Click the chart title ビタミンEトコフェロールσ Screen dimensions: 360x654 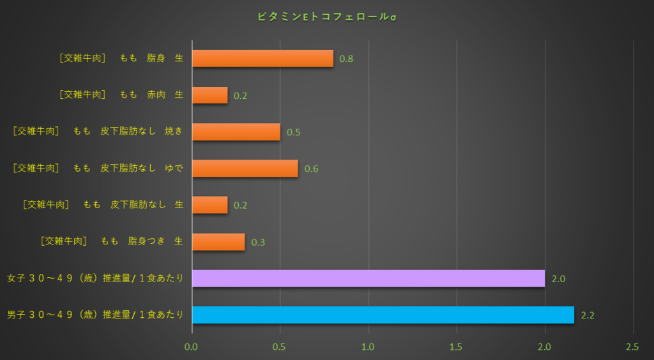pyautogui.click(x=326, y=17)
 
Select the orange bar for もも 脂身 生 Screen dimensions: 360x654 pyautogui.click(x=262, y=59)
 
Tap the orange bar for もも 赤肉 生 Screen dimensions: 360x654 pyautogui.click(x=209, y=95)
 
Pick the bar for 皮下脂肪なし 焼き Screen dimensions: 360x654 pyautogui.click(x=236, y=132)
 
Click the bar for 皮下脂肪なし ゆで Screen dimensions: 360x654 pyautogui.click(x=245, y=169)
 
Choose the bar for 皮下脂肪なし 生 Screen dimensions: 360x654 pyautogui.click(x=209, y=205)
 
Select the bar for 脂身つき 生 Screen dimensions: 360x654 pyautogui.click(x=218, y=242)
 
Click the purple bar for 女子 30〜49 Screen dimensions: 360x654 pyautogui.click(x=368, y=278)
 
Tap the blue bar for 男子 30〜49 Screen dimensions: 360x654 pyautogui.click(x=383, y=315)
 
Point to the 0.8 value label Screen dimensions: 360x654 pyautogui.click(x=346, y=59)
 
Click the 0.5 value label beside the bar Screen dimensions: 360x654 pyautogui.click(x=293, y=133)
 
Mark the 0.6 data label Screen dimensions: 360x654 pyautogui.click(x=311, y=169)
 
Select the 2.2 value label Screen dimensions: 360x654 pyautogui.click(x=588, y=315)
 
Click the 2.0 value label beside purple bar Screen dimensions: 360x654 pyautogui.click(x=558, y=279)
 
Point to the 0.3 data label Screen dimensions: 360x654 pyautogui.click(x=258, y=243)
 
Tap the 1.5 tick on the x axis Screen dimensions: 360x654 pyautogui.click(x=455, y=347)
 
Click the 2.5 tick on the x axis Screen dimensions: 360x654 pyautogui.click(x=632, y=347)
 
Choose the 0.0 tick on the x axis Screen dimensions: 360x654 pyautogui.click(x=192, y=347)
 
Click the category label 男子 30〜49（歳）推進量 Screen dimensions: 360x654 pyautogui.click(x=95, y=315)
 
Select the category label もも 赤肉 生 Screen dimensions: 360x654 pyautogui.click(x=121, y=95)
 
